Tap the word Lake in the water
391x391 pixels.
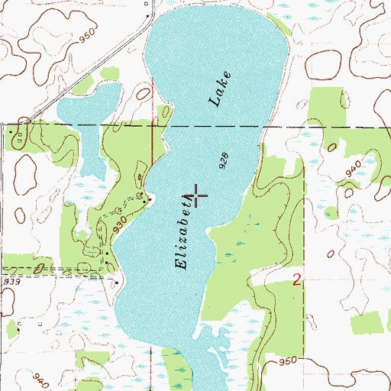coord(218,89)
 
